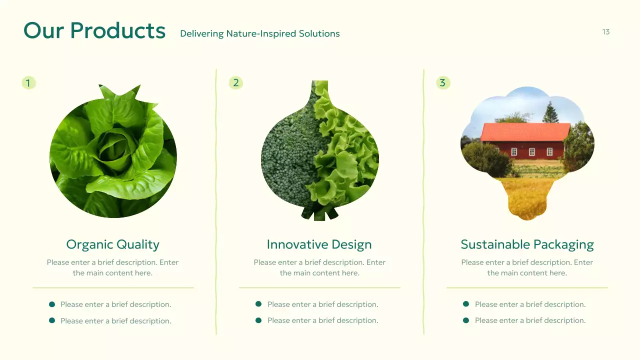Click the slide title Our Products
94,30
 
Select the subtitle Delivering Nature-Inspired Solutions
259,34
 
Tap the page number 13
605,32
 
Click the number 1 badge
28,83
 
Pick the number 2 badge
235,83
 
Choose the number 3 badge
442,83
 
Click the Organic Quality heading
112,244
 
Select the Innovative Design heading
319,244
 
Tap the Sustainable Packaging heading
527,244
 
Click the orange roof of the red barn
525,132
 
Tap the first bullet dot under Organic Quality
52,304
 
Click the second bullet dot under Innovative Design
258,320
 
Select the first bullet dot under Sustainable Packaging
466,304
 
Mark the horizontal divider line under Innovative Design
319,288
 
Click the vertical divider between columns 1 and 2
216,200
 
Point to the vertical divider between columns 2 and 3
423,200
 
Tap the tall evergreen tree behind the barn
550,112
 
